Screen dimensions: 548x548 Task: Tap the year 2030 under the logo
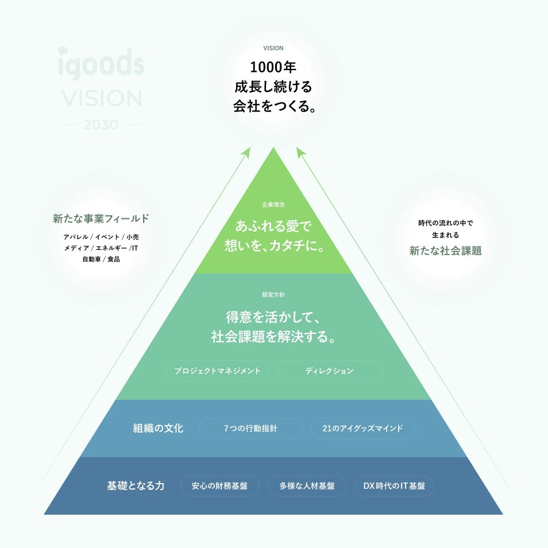[101, 125]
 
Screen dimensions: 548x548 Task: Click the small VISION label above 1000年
[273, 48]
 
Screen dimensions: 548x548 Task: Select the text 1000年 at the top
[273, 67]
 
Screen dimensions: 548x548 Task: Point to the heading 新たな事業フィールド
[101, 218]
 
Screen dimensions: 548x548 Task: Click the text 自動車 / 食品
[101, 259]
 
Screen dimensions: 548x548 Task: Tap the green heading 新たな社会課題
[445, 250]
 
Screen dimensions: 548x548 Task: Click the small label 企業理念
[273, 204]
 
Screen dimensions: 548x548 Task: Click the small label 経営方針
[273, 295]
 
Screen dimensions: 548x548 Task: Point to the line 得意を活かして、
[273, 317]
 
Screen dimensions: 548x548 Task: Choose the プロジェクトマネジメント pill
[217, 371]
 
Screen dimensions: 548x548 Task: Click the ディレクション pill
[329, 371]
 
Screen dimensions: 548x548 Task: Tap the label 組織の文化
[158, 429]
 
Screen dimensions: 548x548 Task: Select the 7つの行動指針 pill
[250, 429]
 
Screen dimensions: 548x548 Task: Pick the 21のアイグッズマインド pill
[362, 429]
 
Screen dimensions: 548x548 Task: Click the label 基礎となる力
[136, 486]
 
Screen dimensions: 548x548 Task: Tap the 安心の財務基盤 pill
[219, 486]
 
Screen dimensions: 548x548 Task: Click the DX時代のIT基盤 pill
[394, 486]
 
